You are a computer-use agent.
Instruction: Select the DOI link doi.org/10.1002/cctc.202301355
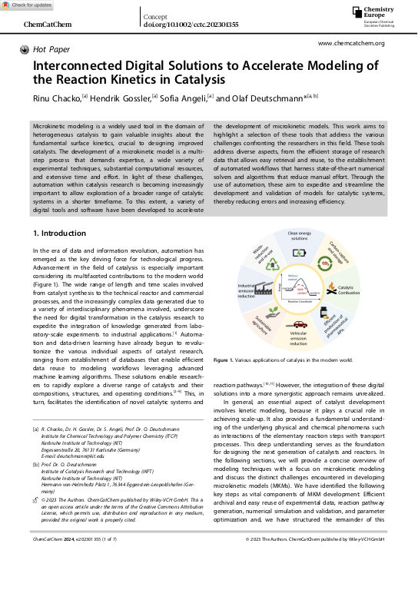coord(191,25)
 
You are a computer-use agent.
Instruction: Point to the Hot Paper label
coord(51,49)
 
